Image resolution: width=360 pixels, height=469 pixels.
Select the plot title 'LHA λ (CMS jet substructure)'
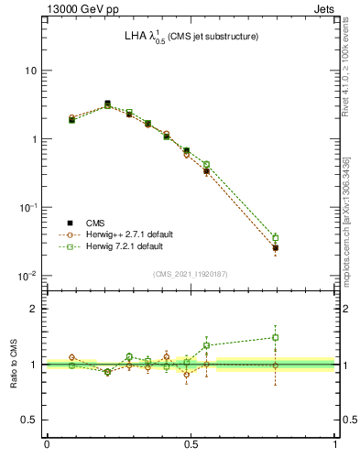191,37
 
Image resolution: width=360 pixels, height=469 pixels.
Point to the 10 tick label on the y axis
29,71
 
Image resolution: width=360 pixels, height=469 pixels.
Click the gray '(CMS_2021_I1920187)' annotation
191,274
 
